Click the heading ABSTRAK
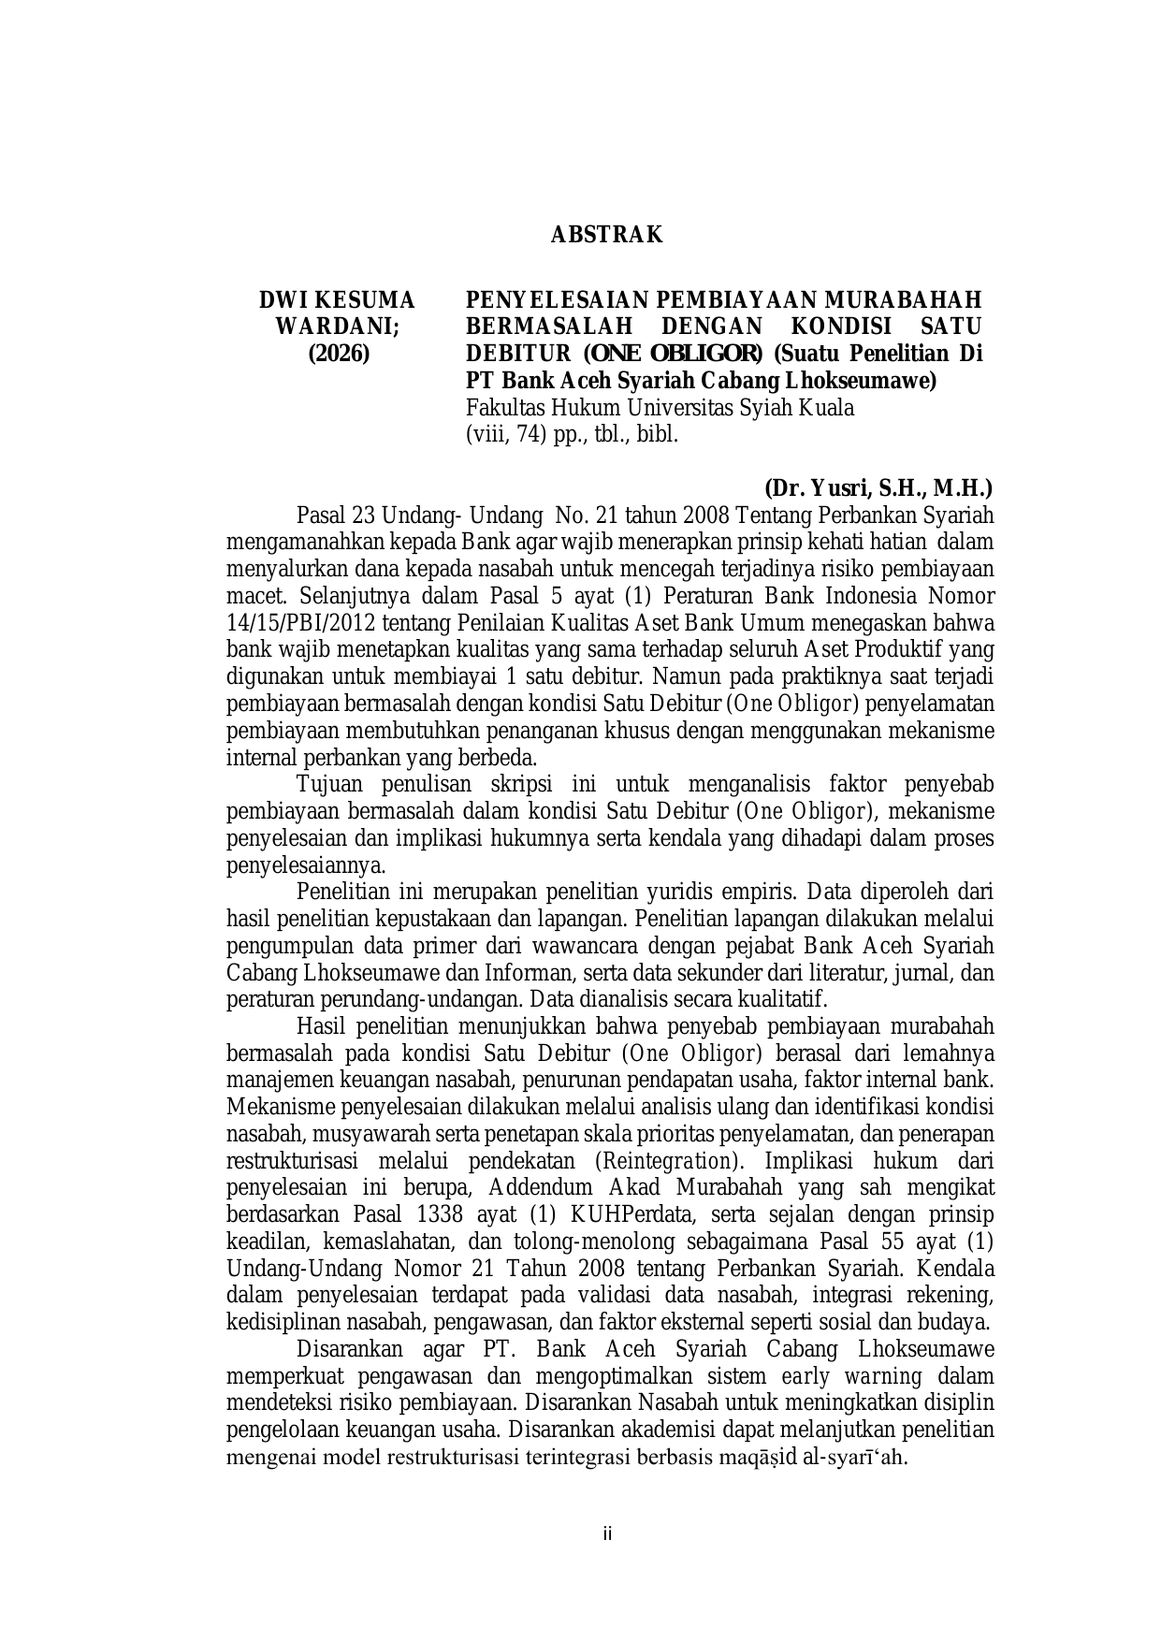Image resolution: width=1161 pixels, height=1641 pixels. click(606, 235)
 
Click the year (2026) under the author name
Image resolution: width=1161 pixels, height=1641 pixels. click(339, 355)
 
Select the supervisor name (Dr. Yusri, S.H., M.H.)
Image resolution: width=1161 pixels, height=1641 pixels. click(878, 487)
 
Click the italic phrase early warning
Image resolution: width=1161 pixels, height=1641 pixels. click(851, 1376)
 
